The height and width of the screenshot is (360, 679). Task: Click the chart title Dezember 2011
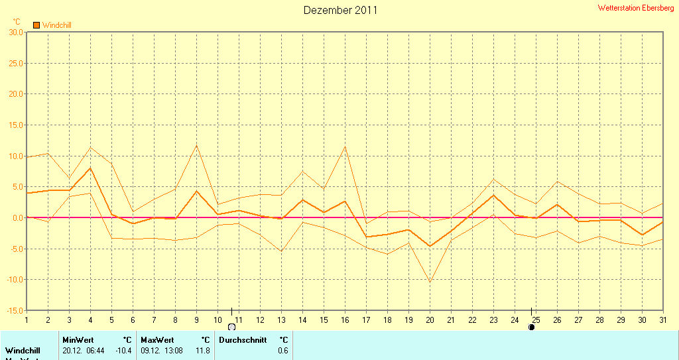point(340,10)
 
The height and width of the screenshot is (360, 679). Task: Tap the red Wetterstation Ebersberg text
point(636,8)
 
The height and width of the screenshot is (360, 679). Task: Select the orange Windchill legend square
point(36,25)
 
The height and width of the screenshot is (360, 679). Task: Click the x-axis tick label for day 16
point(345,320)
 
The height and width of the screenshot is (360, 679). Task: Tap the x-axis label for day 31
point(662,320)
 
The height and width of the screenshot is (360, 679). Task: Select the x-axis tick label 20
point(430,320)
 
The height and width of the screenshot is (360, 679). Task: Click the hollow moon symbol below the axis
point(231,327)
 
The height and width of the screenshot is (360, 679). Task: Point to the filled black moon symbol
point(531,327)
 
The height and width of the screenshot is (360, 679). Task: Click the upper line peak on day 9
point(196,145)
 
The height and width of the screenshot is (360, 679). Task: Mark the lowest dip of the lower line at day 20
point(430,282)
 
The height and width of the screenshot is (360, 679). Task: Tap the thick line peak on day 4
point(90,168)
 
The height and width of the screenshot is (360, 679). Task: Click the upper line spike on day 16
point(345,147)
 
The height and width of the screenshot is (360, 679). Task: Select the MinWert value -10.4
point(123,350)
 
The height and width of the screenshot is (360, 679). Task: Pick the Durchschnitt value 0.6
point(283,350)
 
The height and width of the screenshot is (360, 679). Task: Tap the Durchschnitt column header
point(243,339)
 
